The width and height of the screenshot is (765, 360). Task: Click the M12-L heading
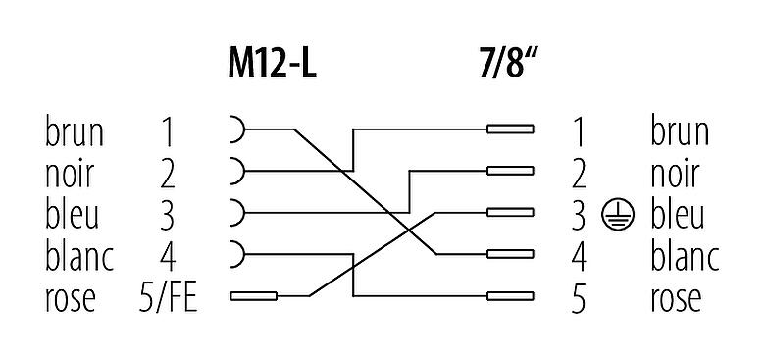(x=268, y=66)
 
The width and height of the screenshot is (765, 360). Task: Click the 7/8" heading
(x=504, y=66)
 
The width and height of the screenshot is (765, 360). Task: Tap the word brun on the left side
(x=75, y=130)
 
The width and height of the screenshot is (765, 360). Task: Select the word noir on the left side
(x=70, y=173)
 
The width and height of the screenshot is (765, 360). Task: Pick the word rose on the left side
(x=71, y=296)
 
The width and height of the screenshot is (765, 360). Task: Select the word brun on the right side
(x=680, y=130)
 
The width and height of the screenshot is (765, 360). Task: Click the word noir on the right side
(x=675, y=173)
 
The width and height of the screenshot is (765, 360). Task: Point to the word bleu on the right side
(x=678, y=213)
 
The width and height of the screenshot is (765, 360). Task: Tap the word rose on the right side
(x=677, y=296)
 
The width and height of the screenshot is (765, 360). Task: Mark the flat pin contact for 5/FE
(x=253, y=295)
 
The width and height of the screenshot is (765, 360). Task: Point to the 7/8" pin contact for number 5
(x=511, y=295)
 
